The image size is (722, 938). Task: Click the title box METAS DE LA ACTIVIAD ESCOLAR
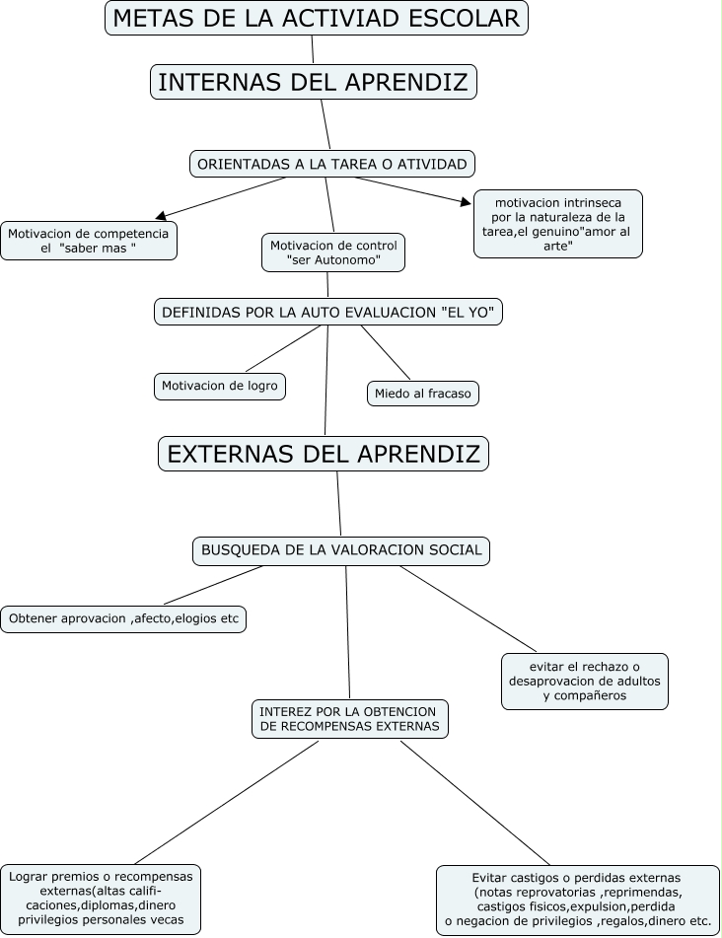coord(317,18)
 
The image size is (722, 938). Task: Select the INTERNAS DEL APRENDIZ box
coord(313,82)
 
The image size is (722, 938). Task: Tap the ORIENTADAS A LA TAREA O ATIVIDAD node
coord(331,164)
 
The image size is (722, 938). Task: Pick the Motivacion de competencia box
coord(89,241)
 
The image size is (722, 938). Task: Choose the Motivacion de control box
coord(333,253)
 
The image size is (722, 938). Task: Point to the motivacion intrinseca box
coord(558,224)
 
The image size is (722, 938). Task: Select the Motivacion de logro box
coord(220,387)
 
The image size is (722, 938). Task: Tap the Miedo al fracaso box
coord(423,394)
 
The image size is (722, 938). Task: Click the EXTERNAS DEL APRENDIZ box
coord(324,454)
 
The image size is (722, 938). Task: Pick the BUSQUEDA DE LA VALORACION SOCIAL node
coord(341,550)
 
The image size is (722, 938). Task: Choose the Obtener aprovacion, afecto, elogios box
coord(123,619)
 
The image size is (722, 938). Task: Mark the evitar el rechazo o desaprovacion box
coord(585,681)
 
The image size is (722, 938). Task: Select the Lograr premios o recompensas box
coord(102,901)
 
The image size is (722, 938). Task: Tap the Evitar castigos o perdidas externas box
coord(577,901)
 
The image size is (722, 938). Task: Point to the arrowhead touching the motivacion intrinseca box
coord(467,203)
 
